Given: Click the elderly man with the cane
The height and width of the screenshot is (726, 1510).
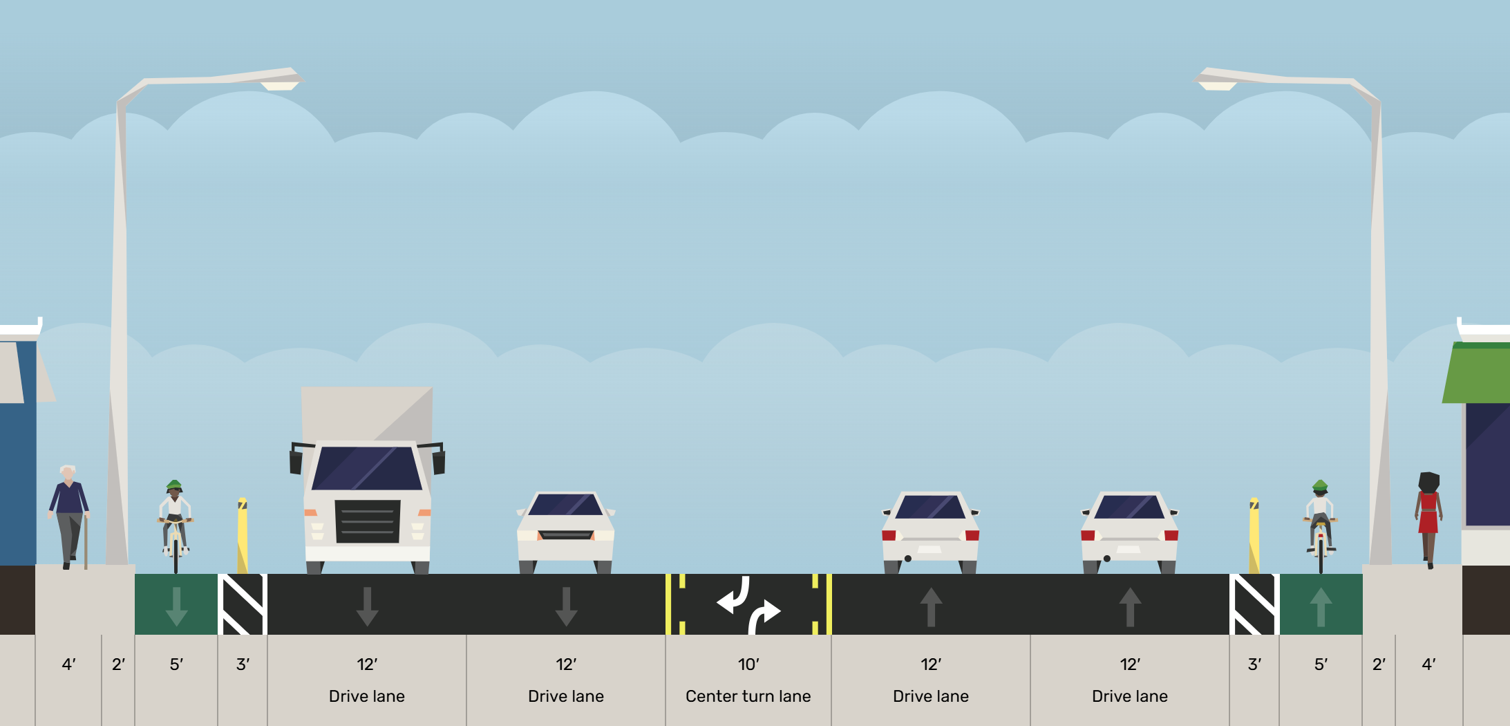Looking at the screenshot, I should (68, 515).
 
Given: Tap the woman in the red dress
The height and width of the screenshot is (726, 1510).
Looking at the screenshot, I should (1428, 519).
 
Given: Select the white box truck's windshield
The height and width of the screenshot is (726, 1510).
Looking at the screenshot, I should (367, 469).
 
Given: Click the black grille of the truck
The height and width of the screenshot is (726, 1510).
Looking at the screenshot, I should (367, 521).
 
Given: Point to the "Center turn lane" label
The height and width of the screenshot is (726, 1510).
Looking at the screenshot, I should (748, 696).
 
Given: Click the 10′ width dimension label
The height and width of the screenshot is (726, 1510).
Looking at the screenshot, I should (748, 664).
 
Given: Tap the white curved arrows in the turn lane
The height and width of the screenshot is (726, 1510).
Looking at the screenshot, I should (748, 605).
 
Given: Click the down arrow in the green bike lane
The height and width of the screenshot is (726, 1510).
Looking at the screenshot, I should (176, 606).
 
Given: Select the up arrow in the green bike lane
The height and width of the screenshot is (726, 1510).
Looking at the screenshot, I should (1321, 606).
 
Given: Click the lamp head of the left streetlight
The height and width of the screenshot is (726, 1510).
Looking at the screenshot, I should (280, 83).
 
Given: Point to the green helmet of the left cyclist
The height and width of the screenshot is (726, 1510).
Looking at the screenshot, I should (174, 485).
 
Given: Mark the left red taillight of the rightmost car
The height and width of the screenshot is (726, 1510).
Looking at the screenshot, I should (1088, 535).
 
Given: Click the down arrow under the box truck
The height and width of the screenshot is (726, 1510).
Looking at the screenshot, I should (367, 606).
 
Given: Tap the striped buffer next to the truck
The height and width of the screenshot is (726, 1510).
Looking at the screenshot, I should (243, 604).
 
